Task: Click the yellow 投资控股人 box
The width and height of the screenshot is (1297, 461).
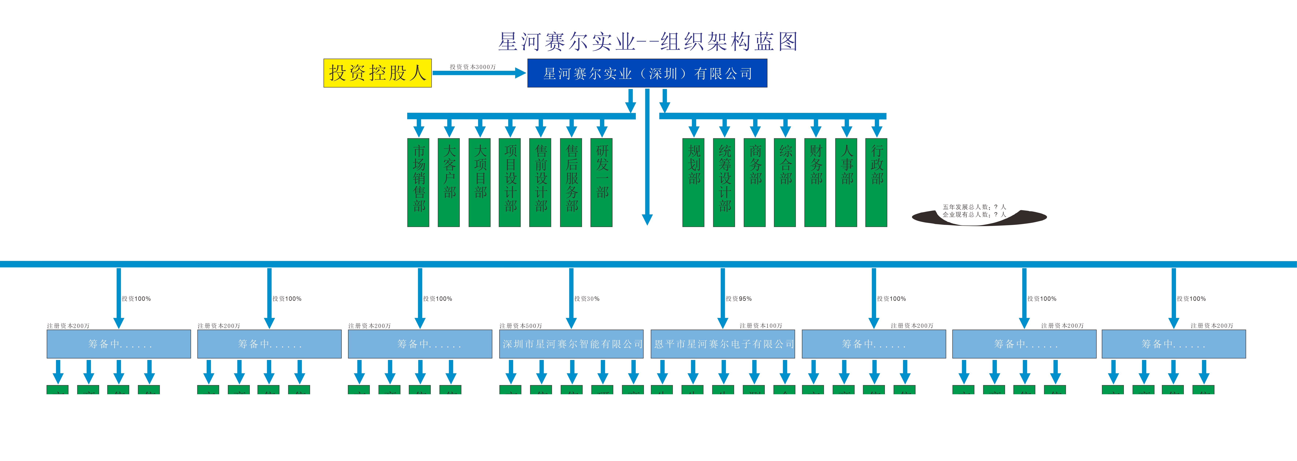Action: (x=377, y=73)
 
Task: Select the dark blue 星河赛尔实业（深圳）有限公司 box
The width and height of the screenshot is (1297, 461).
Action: (x=647, y=74)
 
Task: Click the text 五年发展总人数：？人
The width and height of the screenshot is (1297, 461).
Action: (x=974, y=207)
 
